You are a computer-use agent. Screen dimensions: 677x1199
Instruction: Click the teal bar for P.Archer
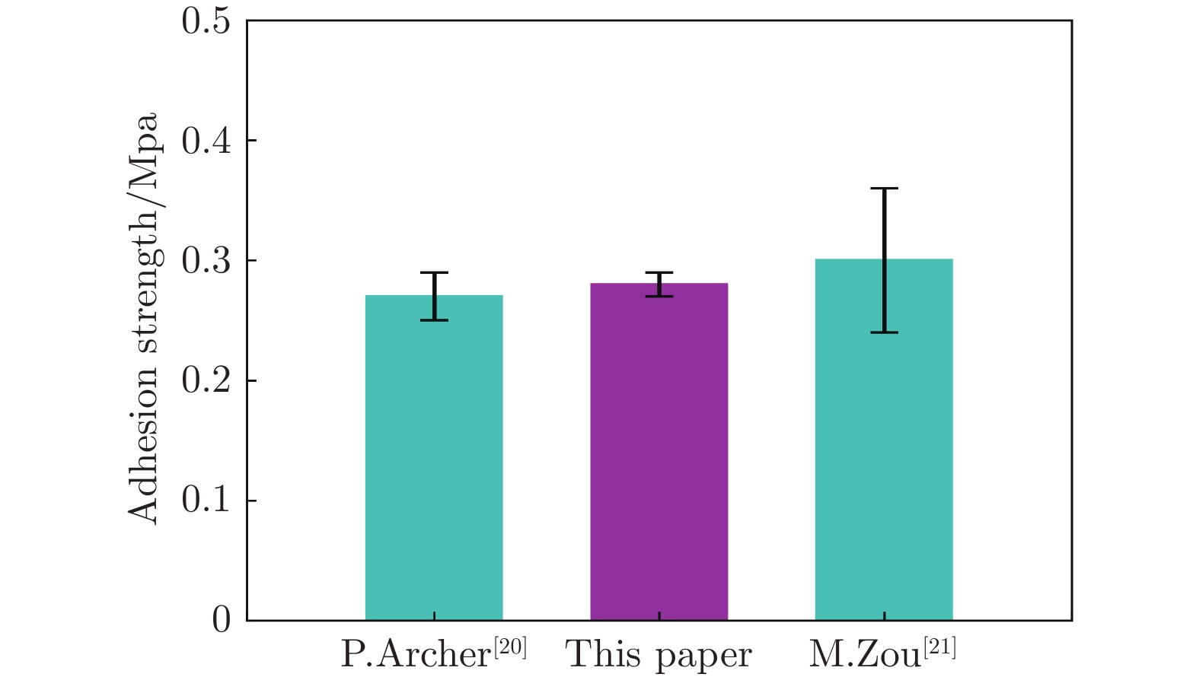434,456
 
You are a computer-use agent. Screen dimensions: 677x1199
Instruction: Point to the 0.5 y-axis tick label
206,21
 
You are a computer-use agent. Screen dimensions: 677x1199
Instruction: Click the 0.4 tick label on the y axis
206,141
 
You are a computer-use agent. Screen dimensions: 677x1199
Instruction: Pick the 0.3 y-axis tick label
206,261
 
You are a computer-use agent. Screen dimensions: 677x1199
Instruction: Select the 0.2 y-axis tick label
206,381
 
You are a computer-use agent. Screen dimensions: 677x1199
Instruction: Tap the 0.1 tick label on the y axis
206,501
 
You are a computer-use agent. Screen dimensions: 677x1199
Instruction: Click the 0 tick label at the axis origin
222,621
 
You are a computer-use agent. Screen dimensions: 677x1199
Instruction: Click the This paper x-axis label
659,655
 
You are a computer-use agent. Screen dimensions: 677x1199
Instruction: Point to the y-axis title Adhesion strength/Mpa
143,318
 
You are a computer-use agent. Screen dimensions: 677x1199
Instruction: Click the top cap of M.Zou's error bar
884,189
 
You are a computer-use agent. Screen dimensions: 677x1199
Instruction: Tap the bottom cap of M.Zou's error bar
884,332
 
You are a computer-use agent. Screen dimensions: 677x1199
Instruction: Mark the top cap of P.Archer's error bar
434,272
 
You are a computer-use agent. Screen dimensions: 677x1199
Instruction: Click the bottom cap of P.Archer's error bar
434,319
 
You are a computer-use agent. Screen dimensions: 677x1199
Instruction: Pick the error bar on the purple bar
659,284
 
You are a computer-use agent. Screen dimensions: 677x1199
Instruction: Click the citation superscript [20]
510,647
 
